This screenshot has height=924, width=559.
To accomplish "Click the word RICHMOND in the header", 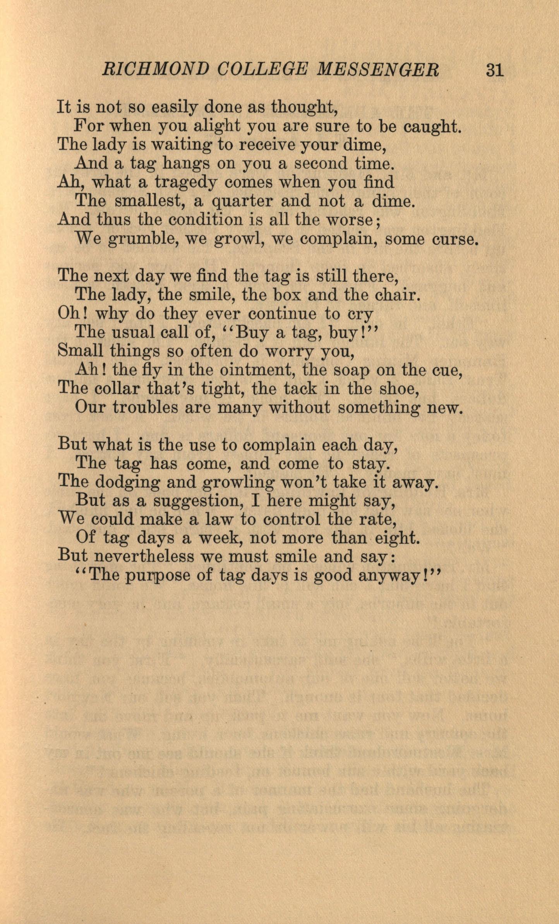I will pyautogui.click(x=155, y=70).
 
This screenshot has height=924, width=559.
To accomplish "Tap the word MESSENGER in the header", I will pyautogui.click(x=378, y=70).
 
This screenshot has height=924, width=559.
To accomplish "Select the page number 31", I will pyautogui.click(x=494, y=70).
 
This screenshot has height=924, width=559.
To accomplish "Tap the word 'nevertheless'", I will pyautogui.click(x=144, y=556).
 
